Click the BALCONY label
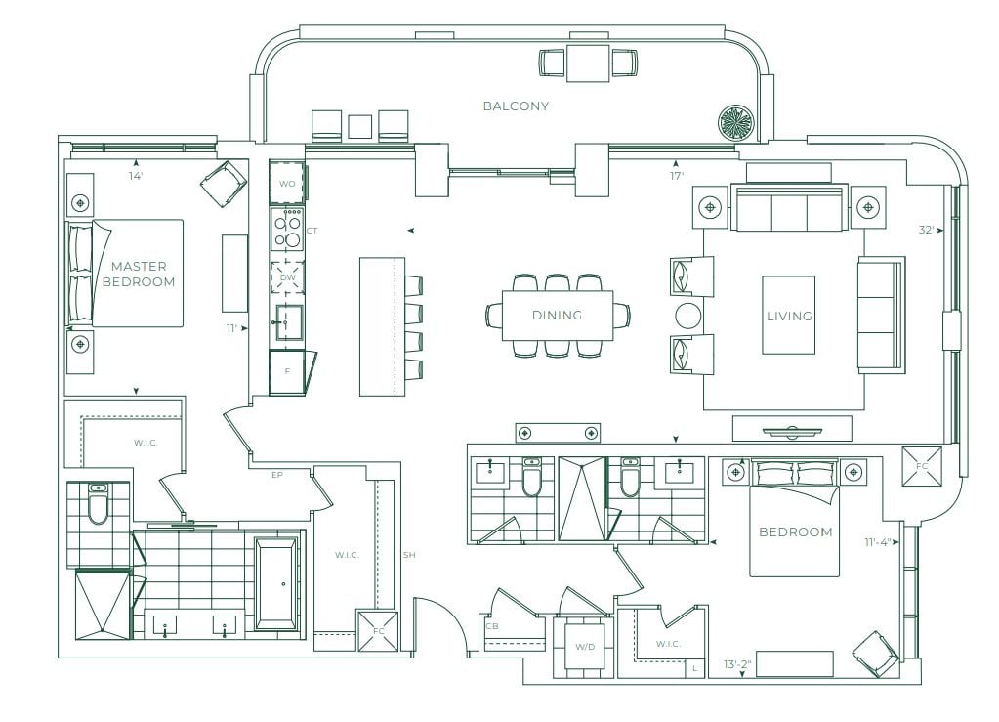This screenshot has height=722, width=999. (x=516, y=106)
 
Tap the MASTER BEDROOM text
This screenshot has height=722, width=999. (x=139, y=274)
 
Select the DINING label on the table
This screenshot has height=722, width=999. (x=557, y=315)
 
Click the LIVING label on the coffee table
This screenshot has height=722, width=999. (x=789, y=316)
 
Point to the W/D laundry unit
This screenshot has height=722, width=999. (x=585, y=648)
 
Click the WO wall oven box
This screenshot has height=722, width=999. (x=287, y=183)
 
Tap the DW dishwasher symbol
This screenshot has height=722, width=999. (x=288, y=277)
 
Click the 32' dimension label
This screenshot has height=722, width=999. (x=926, y=230)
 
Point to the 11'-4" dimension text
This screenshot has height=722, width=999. (x=877, y=542)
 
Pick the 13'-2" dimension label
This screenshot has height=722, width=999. (x=737, y=664)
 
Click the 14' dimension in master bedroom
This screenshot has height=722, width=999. (x=136, y=176)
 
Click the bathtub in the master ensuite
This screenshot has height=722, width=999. (x=275, y=583)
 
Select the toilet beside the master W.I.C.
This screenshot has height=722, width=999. (x=98, y=504)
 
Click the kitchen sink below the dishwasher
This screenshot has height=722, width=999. (x=289, y=322)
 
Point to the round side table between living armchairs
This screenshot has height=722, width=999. (x=687, y=316)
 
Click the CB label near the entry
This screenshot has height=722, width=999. (x=492, y=626)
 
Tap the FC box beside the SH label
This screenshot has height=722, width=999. (x=379, y=631)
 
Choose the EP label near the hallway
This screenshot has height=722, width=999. (x=276, y=475)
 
